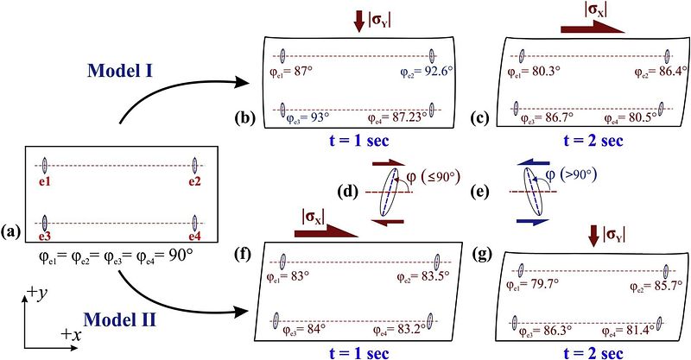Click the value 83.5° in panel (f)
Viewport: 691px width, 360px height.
432,276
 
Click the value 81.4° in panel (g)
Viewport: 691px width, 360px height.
647,330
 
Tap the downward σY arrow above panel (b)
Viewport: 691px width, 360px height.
358,21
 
